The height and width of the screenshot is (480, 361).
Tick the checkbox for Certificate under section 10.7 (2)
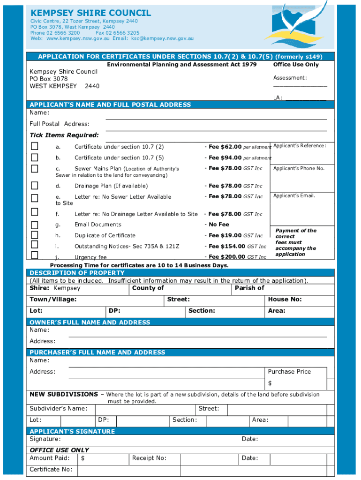(x=35, y=146)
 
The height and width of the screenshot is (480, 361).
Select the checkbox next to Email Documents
(x=35, y=225)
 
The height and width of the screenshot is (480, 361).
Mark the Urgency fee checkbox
(x=35, y=255)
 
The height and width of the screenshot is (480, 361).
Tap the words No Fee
(x=219, y=225)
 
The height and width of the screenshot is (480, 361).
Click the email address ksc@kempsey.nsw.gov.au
(x=162, y=39)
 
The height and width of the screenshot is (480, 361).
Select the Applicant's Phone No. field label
(x=299, y=168)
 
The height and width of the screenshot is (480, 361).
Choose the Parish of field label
(x=249, y=288)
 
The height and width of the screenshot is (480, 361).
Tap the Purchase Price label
(x=289, y=372)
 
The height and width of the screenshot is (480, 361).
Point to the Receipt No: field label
(x=149, y=458)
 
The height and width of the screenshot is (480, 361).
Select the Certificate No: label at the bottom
(x=51, y=469)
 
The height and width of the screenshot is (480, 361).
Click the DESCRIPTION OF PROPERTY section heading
(x=77, y=273)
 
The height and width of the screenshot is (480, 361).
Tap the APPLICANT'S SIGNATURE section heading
(x=72, y=431)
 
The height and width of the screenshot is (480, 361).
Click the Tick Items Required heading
(x=64, y=135)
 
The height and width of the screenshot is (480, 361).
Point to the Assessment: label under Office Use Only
(x=290, y=78)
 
